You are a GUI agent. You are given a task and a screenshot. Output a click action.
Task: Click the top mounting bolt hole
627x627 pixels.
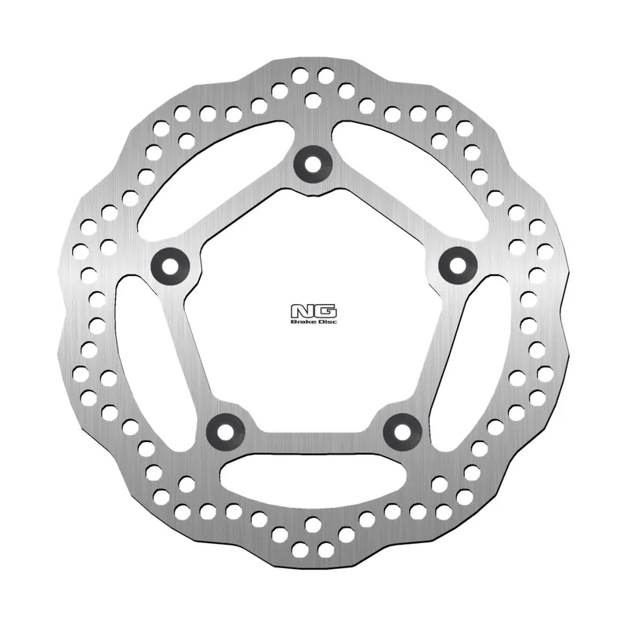pos(313,164)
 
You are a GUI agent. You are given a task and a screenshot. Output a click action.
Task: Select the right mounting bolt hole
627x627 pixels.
pos(455,262)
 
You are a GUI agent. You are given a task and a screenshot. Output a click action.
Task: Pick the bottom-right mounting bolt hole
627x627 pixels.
pos(402,428)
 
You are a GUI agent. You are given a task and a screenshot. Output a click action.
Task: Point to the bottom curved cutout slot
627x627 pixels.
pos(313,474)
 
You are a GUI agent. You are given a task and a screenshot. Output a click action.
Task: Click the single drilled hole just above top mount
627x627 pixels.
pos(312,100)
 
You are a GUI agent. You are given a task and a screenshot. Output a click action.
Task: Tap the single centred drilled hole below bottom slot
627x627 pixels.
pos(313,523)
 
